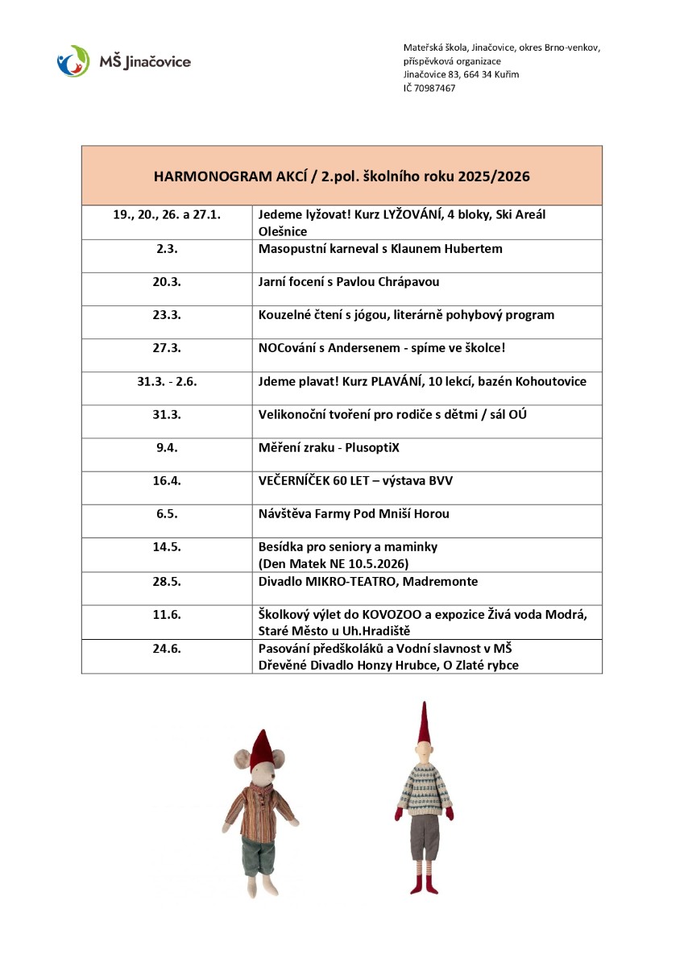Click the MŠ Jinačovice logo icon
pyautogui.click(x=73, y=60)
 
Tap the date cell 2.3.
pyautogui.click(x=167, y=249)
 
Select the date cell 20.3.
pyautogui.click(x=167, y=282)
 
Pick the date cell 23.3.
pyautogui.click(x=167, y=315)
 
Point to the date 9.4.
pyautogui.click(x=167, y=447)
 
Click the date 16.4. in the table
pyautogui.click(x=167, y=480)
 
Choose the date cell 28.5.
pyautogui.click(x=167, y=581)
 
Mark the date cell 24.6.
pyautogui.click(x=167, y=648)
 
